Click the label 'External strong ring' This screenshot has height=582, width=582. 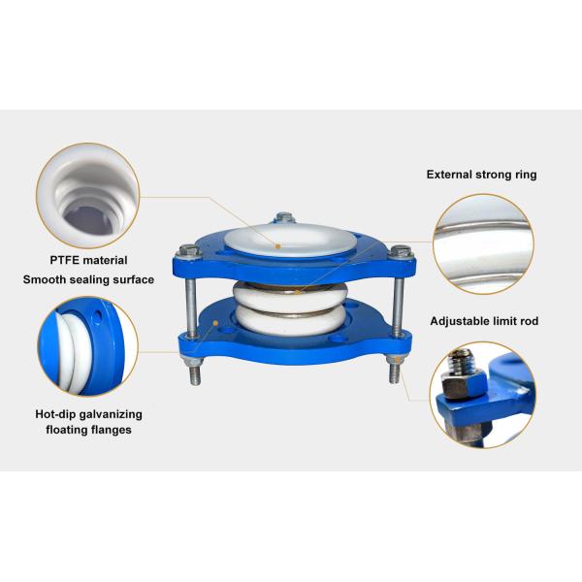coord(481,175)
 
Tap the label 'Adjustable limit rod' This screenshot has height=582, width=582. coord(484,321)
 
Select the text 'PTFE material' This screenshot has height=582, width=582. coord(88,260)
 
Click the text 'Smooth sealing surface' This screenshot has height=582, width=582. coord(88,279)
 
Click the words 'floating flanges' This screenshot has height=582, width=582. coord(88,430)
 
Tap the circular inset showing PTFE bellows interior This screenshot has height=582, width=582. coord(88,196)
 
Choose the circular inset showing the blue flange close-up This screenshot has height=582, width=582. coord(88,346)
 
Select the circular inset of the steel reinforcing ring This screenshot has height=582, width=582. coord(483,243)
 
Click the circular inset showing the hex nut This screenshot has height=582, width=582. coord(482,395)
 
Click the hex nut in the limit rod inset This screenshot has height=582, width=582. coord(463,384)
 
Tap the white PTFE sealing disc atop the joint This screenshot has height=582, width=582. coord(290,240)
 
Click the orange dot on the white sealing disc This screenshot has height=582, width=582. coord(277,246)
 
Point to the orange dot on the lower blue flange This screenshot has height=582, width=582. coord(215,323)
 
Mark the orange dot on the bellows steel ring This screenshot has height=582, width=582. coord(297,292)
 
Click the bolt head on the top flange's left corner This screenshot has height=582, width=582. coord(190,251)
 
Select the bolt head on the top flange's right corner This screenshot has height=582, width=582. coord(401,251)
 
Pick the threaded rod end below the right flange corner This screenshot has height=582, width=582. coord(394,372)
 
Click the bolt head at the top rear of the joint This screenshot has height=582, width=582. coord(284,217)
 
